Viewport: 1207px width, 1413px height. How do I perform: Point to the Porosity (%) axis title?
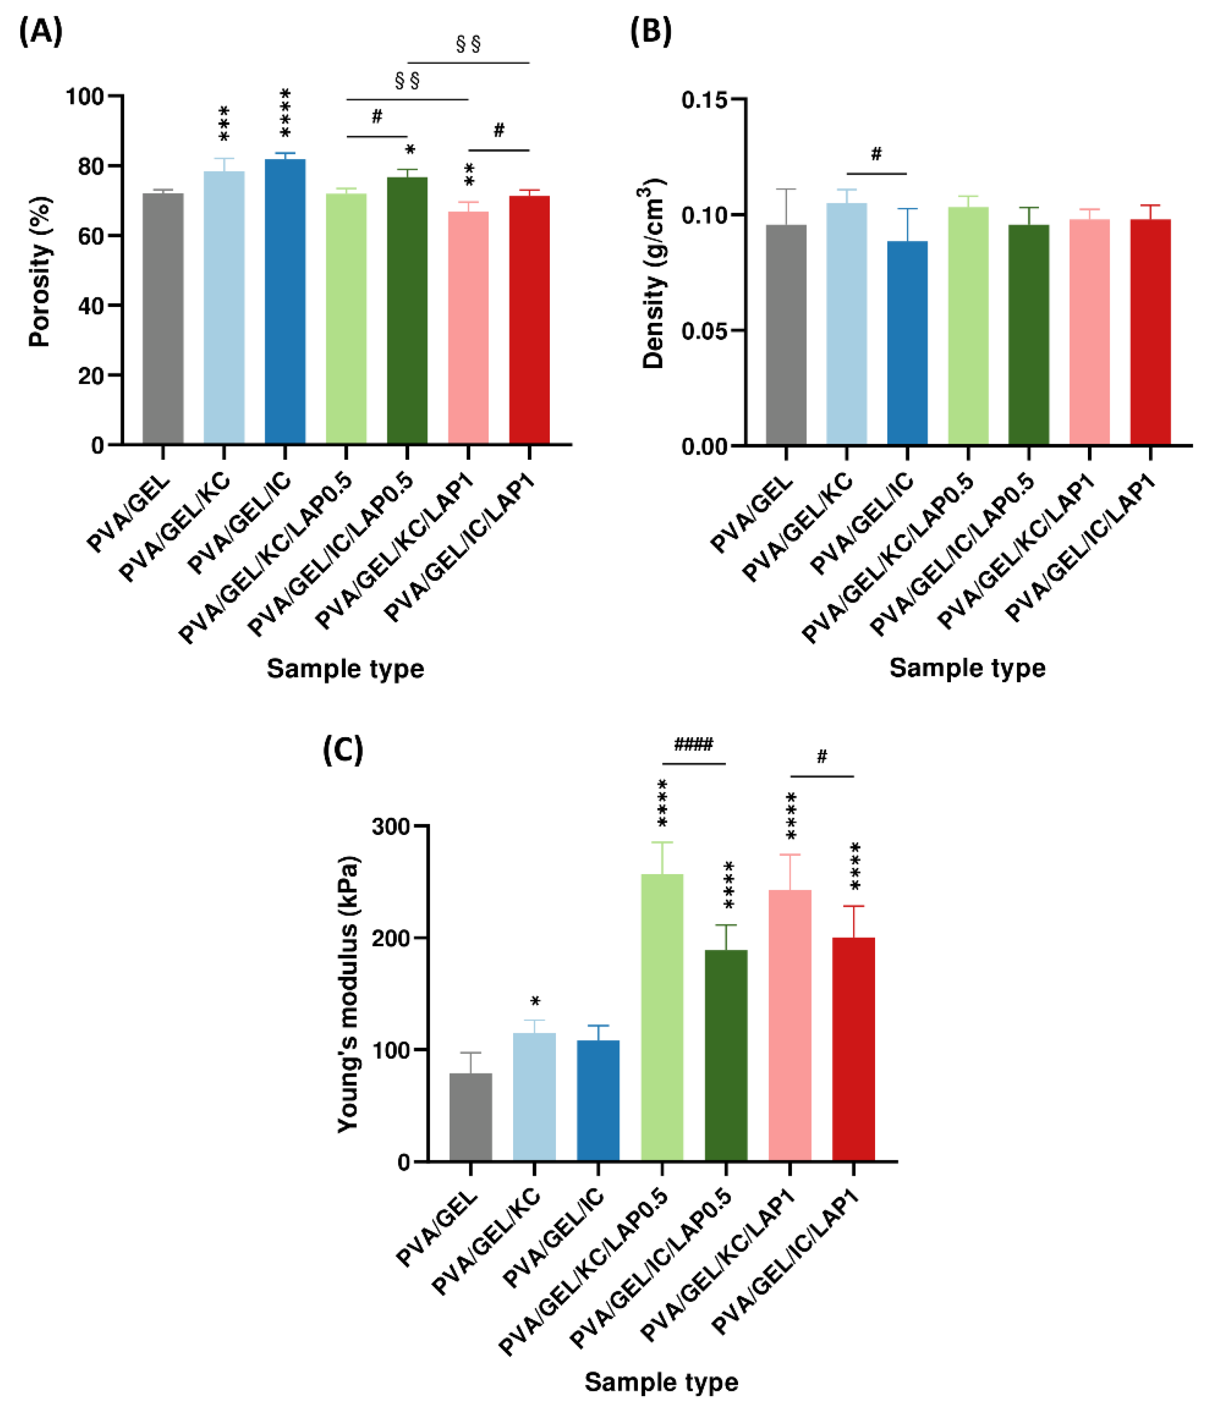pos(40,272)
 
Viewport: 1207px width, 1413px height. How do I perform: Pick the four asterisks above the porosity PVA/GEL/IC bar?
pos(285,112)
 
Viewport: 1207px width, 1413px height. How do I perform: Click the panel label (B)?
pos(650,32)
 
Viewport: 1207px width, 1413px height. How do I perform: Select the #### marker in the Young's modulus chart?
pos(693,744)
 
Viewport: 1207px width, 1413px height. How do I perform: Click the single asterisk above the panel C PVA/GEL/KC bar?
pos(535,1002)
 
